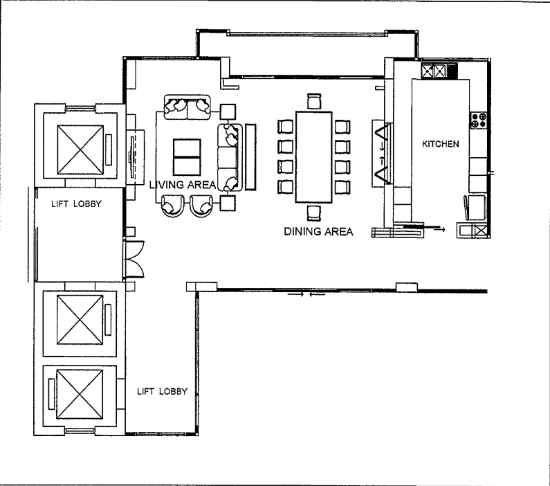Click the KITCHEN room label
pyautogui.click(x=440, y=144)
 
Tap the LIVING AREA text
pyautogui.click(x=183, y=185)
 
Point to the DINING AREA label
pyautogui.click(x=318, y=232)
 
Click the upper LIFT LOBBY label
pyautogui.click(x=76, y=204)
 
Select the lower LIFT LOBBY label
pyautogui.click(x=162, y=391)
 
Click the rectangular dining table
pyautogui.click(x=314, y=157)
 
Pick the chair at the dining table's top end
pyautogui.click(x=314, y=101)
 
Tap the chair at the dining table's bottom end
pyautogui.click(x=314, y=213)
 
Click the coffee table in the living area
pyautogui.click(x=187, y=157)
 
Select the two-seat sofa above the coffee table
pyautogui.click(x=187, y=107)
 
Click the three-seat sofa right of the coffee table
pyautogui.click(x=230, y=157)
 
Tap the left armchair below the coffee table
pyautogui.click(x=172, y=206)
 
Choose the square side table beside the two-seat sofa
pyautogui.click(x=228, y=111)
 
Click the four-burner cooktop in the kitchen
pyautogui.click(x=479, y=120)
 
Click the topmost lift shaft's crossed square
pyautogui.click(x=80, y=150)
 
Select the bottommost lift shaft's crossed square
pyautogui.click(x=80, y=394)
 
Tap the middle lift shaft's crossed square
pyautogui.click(x=80, y=320)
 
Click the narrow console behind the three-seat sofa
pyautogui.click(x=250, y=157)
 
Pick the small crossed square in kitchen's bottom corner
pyautogui.click(x=482, y=231)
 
